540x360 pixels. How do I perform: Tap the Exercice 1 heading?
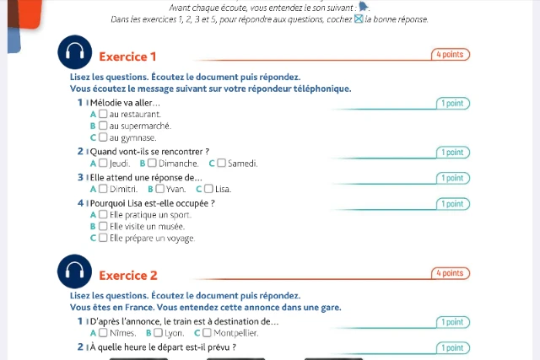127,56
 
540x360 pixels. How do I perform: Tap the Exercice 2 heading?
127,276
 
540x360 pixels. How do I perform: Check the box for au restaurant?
103,114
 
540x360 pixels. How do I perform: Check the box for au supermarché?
103,126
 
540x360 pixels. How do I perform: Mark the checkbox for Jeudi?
103,164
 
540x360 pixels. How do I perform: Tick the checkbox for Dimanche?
153,164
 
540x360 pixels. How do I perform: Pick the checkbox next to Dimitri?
103,190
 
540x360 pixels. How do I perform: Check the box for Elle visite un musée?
103,227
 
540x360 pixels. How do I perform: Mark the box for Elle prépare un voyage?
103,239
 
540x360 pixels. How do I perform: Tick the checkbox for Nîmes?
103,333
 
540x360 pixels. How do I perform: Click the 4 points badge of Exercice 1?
450,55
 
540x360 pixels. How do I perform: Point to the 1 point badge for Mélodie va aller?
452,104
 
